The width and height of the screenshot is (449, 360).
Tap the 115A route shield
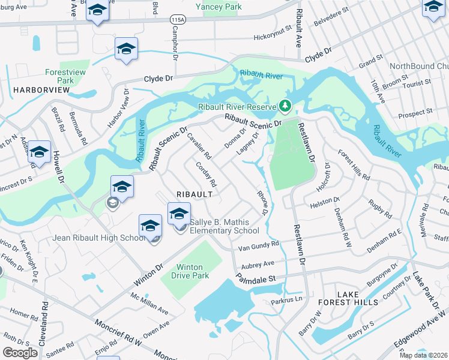click(x=177, y=20)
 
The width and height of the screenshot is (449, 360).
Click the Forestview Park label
click(x=61, y=76)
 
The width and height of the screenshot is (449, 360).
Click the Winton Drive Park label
click(x=192, y=271)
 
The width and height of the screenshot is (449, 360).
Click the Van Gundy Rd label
click(x=259, y=245)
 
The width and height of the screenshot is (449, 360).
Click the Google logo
click(x=20, y=353)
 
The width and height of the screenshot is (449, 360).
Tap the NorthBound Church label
click(x=419, y=66)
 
